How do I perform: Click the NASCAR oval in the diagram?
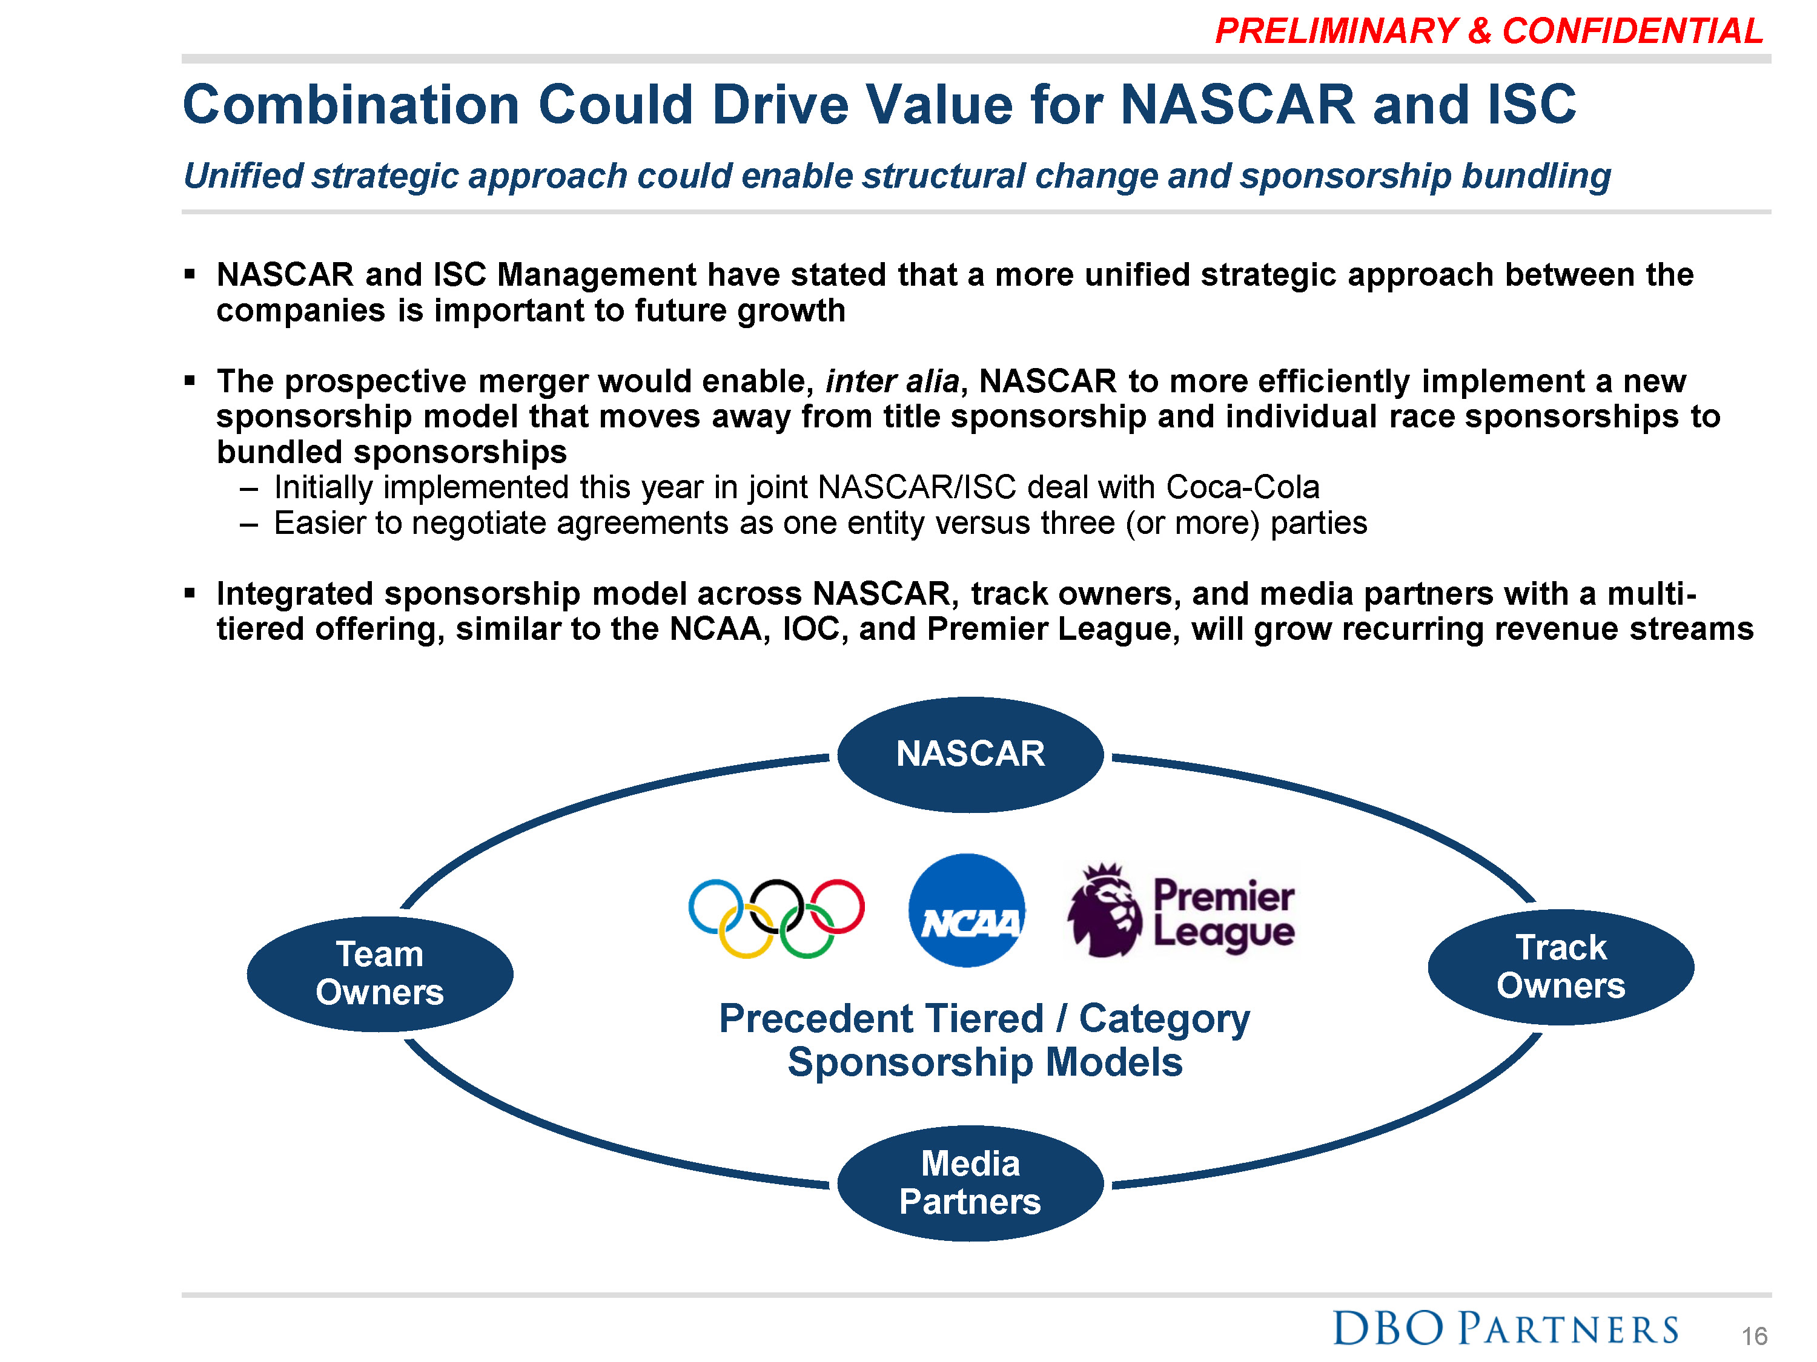(970, 754)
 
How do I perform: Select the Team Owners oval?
(380, 973)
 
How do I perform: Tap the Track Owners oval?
(1561, 966)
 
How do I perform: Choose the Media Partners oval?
(970, 1183)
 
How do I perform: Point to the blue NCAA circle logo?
(967, 910)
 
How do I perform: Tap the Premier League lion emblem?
(1104, 910)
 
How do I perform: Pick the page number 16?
(1755, 1337)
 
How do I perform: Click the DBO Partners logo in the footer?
(1506, 1328)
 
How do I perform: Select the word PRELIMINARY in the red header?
(1337, 31)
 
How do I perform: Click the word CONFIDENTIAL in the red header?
(1633, 31)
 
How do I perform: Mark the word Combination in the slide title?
(351, 105)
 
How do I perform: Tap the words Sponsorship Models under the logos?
(985, 1062)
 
